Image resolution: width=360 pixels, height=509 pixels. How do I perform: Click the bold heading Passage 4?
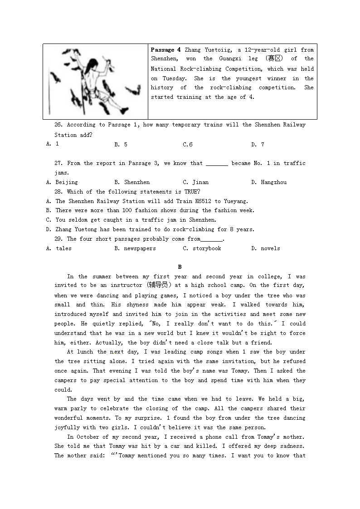[165, 50]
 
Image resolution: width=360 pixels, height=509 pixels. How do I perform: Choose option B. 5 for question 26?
[121, 145]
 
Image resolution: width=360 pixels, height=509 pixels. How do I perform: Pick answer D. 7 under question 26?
[258, 145]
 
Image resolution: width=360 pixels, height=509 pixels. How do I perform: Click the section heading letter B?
[180, 267]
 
